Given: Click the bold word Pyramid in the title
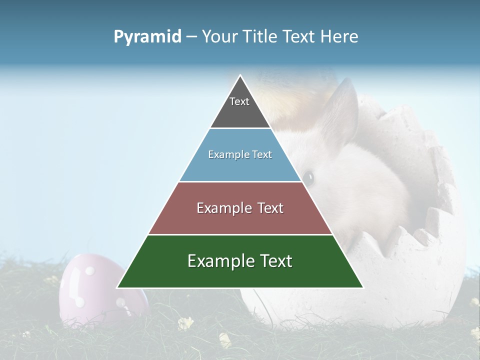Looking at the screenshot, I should click(147, 37).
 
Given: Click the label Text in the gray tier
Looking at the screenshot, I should click(239, 101).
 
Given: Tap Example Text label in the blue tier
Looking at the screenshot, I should click(240, 154).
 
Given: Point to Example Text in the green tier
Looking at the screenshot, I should click(240, 261).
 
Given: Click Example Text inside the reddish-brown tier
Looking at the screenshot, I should click(240, 208).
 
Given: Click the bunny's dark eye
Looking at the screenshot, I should click(308, 176).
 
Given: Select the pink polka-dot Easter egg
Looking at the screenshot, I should click(95, 290).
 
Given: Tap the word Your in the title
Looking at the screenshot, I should click(219, 37).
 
